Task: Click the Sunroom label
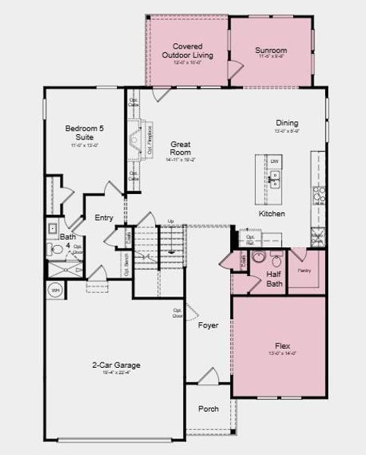[x=271, y=51]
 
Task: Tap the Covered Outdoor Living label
[x=188, y=51]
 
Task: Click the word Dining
[x=287, y=123]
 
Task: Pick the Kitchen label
[x=272, y=215]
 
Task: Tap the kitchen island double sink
[x=275, y=179]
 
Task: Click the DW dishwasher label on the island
[x=275, y=162]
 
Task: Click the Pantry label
[x=304, y=270]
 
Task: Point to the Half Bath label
[x=274, y=279]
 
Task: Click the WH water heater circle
[x=55, y=290]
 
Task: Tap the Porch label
[x=209, y=409]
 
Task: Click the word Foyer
[x=208, y=325]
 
